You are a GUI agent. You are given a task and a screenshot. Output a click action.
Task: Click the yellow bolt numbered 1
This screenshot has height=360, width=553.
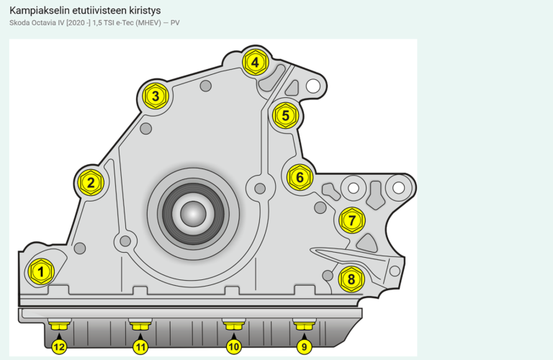pyautogui.click(x=41, y=271)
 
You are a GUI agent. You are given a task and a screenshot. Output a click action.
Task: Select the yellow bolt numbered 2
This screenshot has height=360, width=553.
pyautogui.click(x=91, y=182)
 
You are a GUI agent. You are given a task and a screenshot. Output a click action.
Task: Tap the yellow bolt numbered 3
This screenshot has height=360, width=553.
pyautogui.click(x=155, y=96)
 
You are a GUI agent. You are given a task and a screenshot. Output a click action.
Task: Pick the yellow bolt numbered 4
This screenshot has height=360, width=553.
pyautogui.click(x=255, y=63)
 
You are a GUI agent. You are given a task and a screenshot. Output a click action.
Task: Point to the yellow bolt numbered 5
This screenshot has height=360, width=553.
pyautogui.click(x=285, y=114)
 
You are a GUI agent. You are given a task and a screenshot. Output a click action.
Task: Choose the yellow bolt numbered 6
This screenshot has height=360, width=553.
pyautogui.click(x=300, y=176)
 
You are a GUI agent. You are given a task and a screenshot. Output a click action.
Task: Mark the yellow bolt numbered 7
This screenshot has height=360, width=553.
pyautogui.click(x=351, y=220)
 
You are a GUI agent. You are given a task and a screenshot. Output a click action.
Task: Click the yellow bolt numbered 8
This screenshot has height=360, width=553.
pyautogui.click(x=351, y=279)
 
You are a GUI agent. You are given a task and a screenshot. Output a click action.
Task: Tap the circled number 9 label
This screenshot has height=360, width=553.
pyautogui.click(x=304, y=347)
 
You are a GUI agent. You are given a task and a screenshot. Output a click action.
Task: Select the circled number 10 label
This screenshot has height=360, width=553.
pyautogui.click(x=233, y=347)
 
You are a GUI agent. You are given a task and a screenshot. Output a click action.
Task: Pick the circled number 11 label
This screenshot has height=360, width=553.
pyautogui.click(x=140, y=347)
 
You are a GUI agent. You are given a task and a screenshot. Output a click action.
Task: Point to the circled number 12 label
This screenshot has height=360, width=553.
pyautogui.click(x=59, y=347)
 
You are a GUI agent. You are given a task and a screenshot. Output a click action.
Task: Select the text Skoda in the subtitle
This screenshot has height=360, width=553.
pyautogui.click(x=19, y=23)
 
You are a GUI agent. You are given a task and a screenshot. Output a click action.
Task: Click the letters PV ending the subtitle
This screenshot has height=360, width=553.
pyautogui.click(x=175, y=23)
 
